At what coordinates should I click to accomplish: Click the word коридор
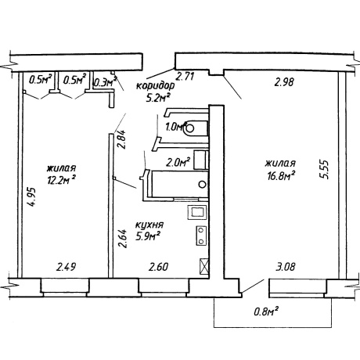[x=156, y=86]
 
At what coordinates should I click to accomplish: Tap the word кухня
[x=149, y=225]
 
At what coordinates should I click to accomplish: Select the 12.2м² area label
[x=62, y=180]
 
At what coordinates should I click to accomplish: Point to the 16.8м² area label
[x=281, y=175]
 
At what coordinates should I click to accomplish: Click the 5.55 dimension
[x=325, y=169]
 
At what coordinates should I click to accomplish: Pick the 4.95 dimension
[x=33, y=197]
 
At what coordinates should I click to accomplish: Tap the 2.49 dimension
[x=67, y=267]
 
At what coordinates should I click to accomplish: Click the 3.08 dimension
[x=286, y=267]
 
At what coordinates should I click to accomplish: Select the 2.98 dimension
[x=284, y=82]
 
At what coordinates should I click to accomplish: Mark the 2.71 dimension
[x=185, y=77]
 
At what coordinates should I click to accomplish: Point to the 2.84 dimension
[x=122, y=139]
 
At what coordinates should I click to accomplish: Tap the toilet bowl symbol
[x=195, y=128]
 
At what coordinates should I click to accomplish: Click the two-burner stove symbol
[x=201, y=236]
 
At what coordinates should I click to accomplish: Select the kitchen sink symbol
[x=197, y=212]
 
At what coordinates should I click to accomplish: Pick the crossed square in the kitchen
[x=204, y=266]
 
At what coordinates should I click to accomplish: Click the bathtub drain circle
[x=202, y=184]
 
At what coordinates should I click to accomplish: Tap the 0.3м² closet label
[x=105, y=82]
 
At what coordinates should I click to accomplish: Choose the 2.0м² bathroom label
[x=178, y=163]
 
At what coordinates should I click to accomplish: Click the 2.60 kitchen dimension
[x=159, y=267]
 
